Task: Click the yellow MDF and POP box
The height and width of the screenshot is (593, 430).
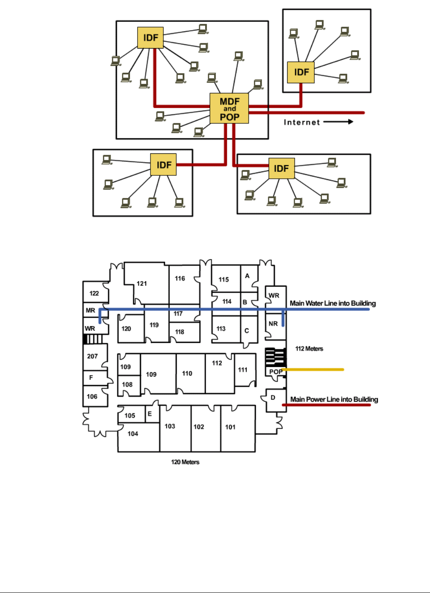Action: click(229, 108)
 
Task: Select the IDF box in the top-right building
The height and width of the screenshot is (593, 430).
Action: click(301, 72)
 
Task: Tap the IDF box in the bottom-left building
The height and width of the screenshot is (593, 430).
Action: click(163, 165)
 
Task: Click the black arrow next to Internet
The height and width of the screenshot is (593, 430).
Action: click(338, 122)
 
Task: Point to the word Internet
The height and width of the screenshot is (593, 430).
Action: click(302, 122)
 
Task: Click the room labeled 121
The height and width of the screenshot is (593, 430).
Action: click(142, 284)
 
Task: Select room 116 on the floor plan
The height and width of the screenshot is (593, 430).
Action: click(180, 278)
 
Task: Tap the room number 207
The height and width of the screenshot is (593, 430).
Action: click(92, 356)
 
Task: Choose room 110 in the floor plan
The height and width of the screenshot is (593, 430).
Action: click(187, 373)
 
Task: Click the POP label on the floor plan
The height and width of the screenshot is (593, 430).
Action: click(276, 372)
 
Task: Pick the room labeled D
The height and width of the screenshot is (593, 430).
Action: click(273, 398)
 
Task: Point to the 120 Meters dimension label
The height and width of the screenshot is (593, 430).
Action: click(185, 462)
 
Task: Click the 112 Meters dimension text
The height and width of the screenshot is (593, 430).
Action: click(309, 349)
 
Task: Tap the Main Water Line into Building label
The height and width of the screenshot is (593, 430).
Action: click(332, 303)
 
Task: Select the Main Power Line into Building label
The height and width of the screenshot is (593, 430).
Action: click(334, 399)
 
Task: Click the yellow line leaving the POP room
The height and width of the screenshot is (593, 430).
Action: click(314, 370)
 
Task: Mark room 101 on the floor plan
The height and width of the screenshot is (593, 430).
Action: click(230, 427)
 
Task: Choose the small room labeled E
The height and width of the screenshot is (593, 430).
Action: click(150, 414)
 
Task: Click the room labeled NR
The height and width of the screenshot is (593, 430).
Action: click(273, 324)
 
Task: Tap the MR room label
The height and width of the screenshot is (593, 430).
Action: click(90, 310)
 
